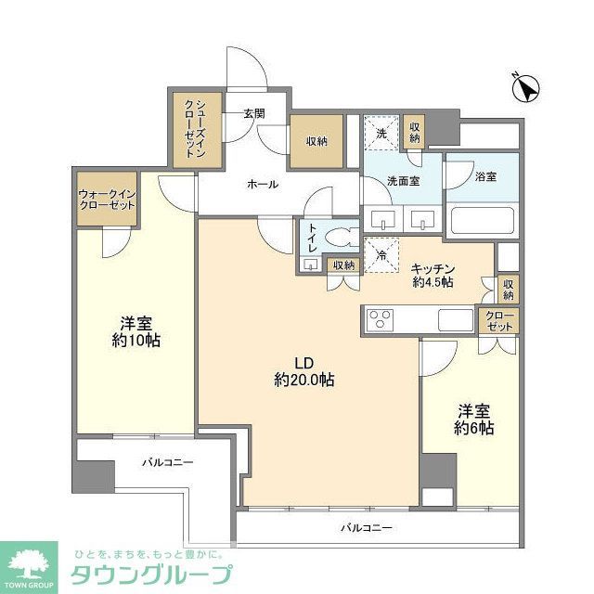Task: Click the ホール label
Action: point(262,184)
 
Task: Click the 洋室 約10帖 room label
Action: point(136,332)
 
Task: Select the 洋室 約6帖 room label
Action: point(473,419)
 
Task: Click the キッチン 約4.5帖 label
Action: point(433,275)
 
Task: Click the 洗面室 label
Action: point(403,181)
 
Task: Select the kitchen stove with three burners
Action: point(381,319)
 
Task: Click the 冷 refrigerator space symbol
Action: point(381,254)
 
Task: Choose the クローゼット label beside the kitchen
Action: point(498,320)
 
